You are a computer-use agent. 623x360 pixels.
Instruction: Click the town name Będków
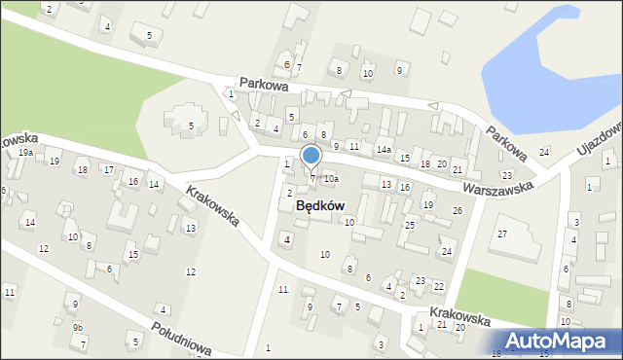click(x=319, y=206)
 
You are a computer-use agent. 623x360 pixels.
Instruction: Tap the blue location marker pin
click(x=311, y=157)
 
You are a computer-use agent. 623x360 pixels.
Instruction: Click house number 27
click(x=502, y=234)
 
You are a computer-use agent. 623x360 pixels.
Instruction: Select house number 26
click(x=457, y=211)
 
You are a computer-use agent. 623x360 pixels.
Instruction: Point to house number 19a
click(x=25, y=153)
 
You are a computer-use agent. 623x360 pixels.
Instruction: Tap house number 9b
click(x=78, y=327)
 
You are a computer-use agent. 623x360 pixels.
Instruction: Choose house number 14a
click(x=385, y=149)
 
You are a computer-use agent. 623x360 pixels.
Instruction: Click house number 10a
click(x=331, y=179)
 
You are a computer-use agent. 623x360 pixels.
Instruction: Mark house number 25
click(x=410, y=225)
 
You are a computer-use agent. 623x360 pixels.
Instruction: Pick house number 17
click(x=109, y=169)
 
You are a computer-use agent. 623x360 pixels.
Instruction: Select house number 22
click(x=439, y=286)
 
